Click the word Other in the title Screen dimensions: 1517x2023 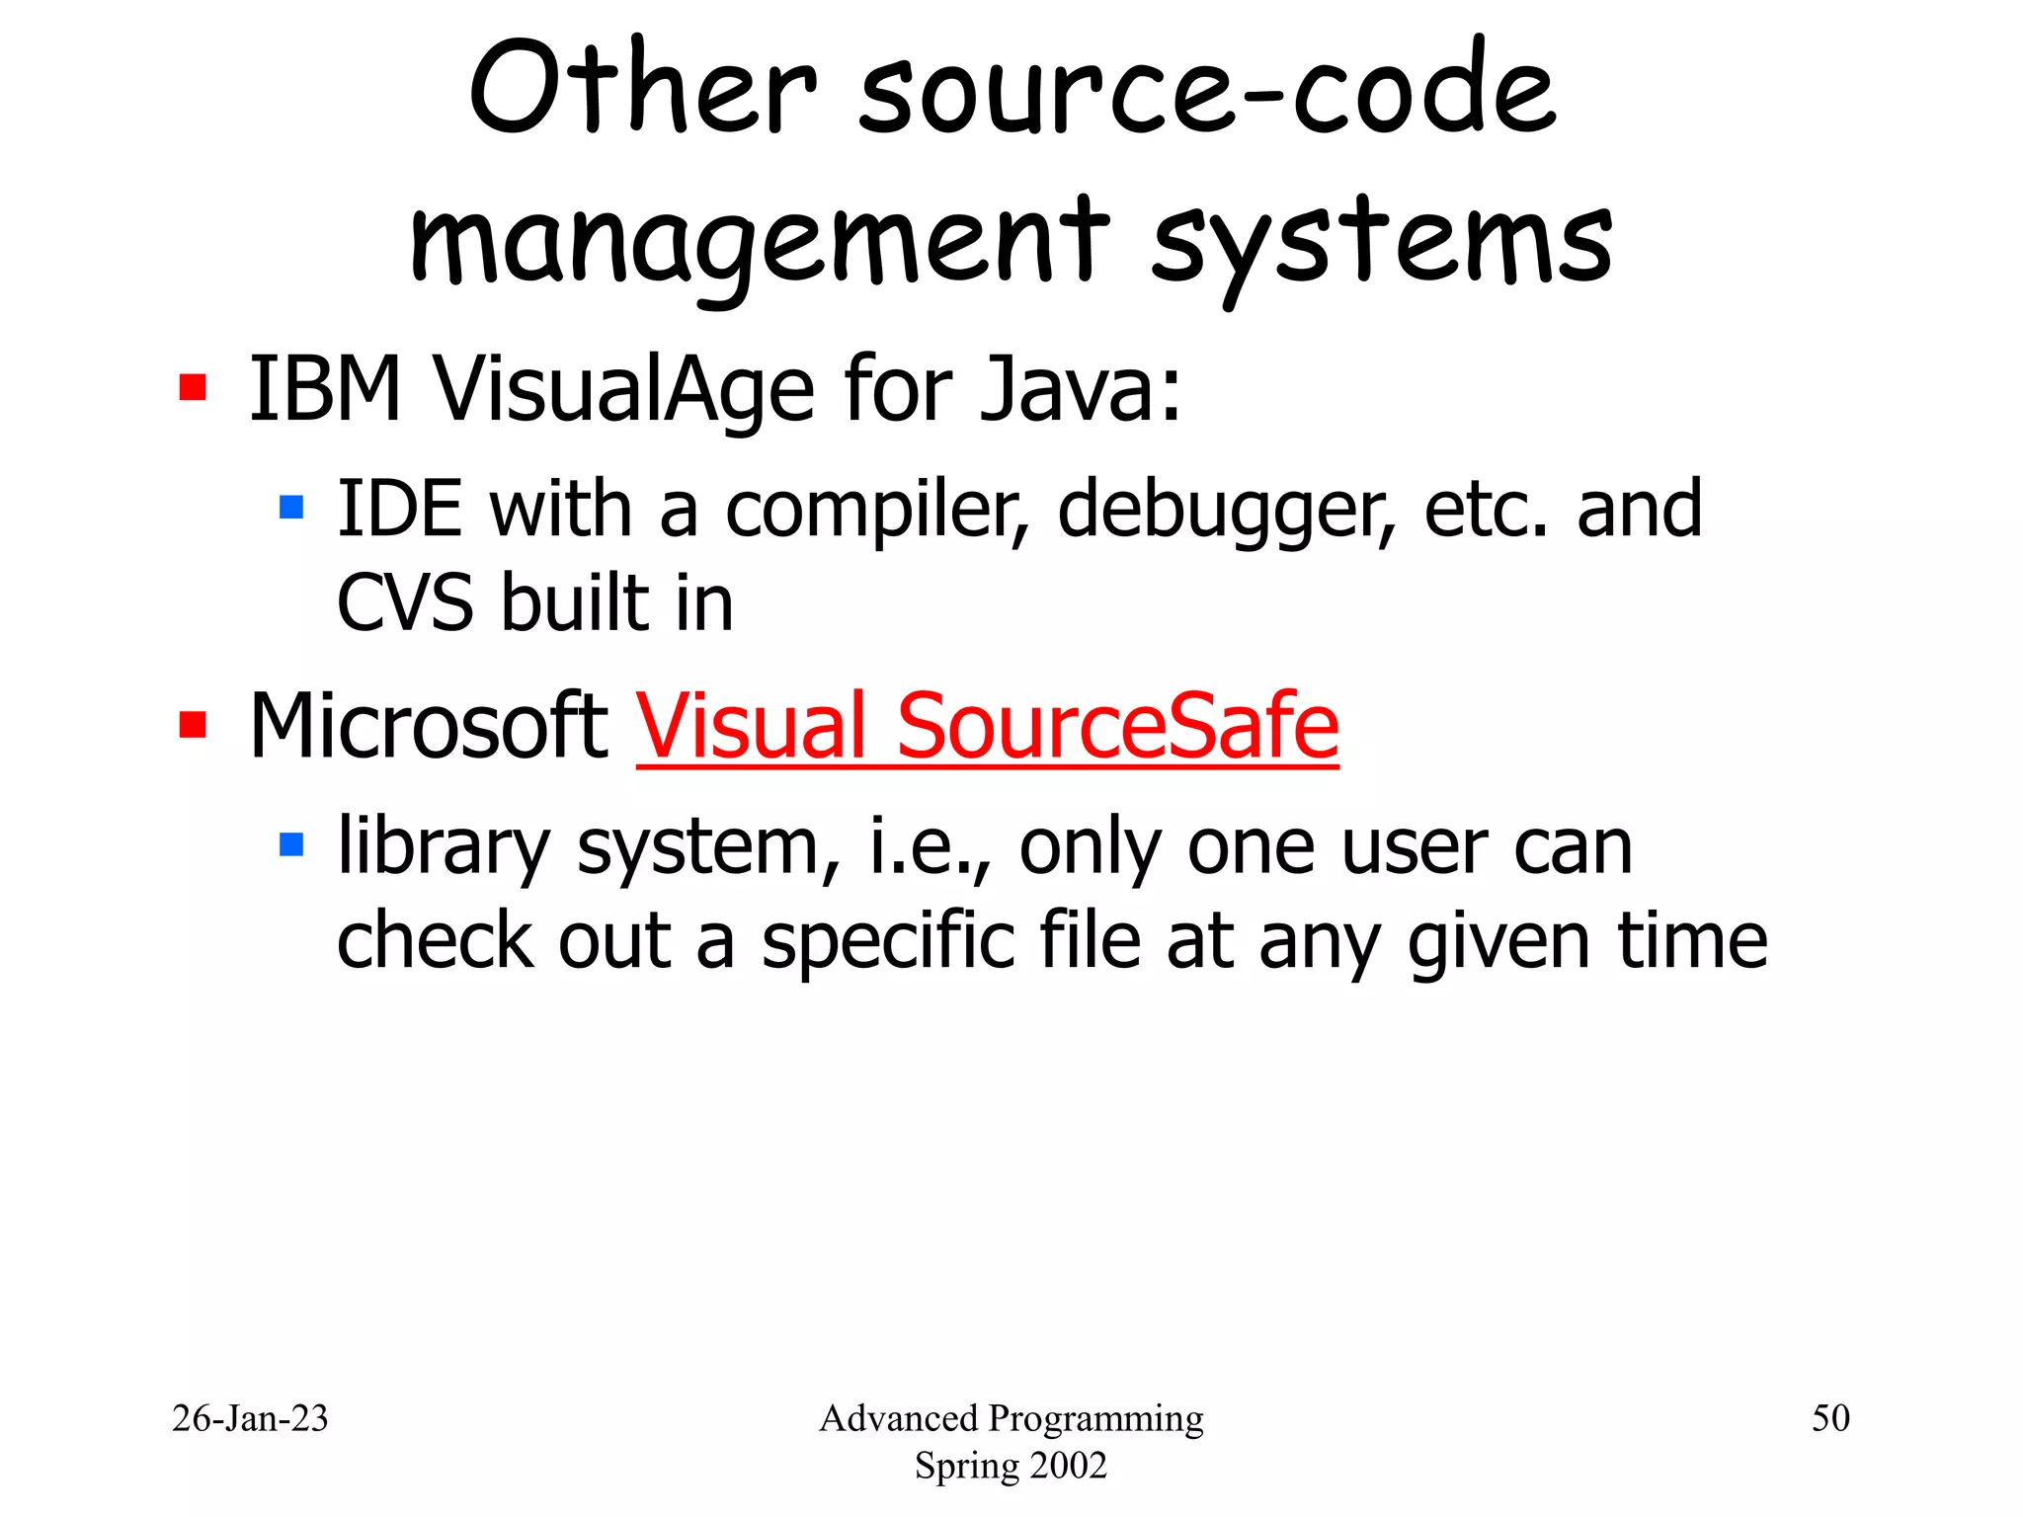pyautogui.click(x=643, y=90)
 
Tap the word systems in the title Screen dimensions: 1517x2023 pyautogui.click(x=1382, y=243)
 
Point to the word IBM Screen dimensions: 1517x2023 pyautogui.click(x=325, y=389)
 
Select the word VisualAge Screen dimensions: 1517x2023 pyautogui.click(x=624, y=391)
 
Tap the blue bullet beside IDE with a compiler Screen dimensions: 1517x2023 pyautogui.click(x=291, y=508)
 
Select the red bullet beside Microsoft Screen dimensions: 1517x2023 pyautogui.click(x=193, y=725)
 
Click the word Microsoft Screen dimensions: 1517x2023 pyautogui.click(x=429, y=727)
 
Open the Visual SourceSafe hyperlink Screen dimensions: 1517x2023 pyautogui.click(x=987, y=727)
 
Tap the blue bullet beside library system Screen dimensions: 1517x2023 pyautogui.click(x=291, y=844)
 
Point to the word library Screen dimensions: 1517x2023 pyautogui.click(x=444, y=848)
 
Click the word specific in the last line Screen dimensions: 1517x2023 pyautogui.click(x=887, y=941)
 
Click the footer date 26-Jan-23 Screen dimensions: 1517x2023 pyautogui.click(x=250, y=1418)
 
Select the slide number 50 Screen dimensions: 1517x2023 pyautogui.click(x=1829, y=1418)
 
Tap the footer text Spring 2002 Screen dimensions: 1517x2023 pyautogui.click(x=1011, y=1466)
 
